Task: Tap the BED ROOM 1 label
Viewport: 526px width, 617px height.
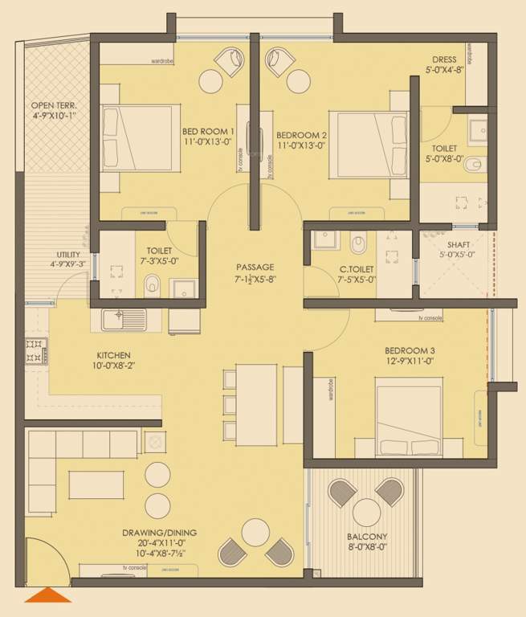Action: (207, 132)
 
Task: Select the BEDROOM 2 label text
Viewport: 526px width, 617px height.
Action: (301, 135)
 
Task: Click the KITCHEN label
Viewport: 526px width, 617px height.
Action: (114, 355)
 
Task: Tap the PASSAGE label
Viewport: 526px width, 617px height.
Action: (255, 268)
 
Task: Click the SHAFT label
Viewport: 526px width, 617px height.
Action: (459, 244)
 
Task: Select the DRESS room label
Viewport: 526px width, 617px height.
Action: (444, 60)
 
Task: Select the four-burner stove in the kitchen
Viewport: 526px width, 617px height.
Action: (35, 350)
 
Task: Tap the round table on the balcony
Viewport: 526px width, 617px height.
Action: (367, 511)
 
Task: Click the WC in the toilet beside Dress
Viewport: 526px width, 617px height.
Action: (475, 165)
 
